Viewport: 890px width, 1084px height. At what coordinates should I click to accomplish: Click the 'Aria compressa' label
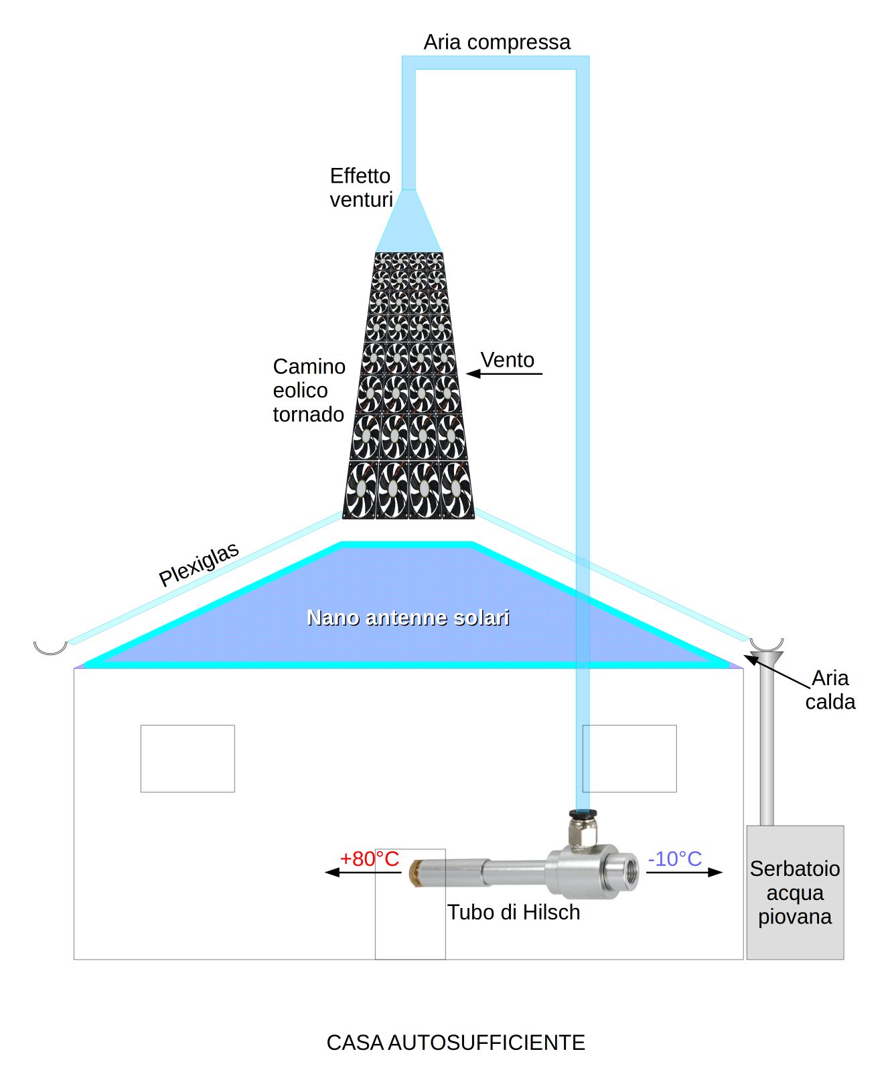tap(496, 42)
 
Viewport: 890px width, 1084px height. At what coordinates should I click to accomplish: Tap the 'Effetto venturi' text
tap(360, 187)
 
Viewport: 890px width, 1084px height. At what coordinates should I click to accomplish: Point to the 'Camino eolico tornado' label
tap(309, 390)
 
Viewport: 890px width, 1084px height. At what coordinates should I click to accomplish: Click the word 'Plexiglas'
tap(198, 564)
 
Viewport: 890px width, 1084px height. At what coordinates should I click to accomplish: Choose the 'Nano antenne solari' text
tap(408, 617)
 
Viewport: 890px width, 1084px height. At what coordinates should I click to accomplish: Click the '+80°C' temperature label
tap(369, 859)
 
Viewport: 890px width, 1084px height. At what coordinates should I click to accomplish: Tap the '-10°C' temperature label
tap(674, 859)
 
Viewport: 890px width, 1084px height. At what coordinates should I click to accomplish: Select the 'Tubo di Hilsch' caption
tap(514, 912)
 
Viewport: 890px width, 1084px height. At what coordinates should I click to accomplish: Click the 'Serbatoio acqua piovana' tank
tap(795, 893)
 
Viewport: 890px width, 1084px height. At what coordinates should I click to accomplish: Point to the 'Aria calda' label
tap(830, 690)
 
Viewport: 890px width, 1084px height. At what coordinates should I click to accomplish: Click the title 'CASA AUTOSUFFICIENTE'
tap(455, 1043)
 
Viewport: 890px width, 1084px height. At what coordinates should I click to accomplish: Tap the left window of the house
tap(188, 758)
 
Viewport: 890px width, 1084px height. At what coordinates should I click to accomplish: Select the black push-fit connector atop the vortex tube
tap(583, 814)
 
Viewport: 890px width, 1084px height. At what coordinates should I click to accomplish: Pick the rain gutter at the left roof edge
tap(51, 647)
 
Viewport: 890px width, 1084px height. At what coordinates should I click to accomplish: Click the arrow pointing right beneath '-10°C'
tap(684, 872)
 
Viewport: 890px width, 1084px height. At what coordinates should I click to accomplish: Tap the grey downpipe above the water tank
tap(767, 743)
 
